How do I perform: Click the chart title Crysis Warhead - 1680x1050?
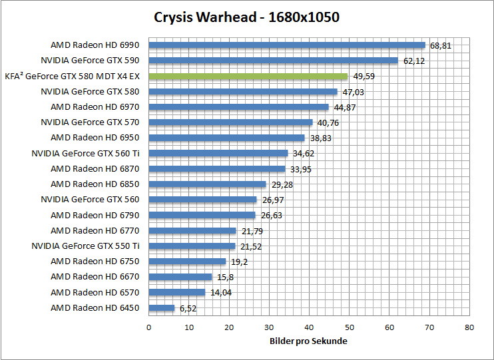tap(246, 17)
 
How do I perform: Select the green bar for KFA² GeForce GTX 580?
tap(248, 77)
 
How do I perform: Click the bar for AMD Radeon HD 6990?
tap(286, 45)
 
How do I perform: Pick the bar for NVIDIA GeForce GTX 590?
tap(273, 61)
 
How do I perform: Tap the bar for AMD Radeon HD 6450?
tap(161, 308)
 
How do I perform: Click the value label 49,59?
tap(364, 77)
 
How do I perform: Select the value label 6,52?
tap(188, 308)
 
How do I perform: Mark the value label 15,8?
tap(224, 277)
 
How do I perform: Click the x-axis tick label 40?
tap(309, 327)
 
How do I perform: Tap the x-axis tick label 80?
tap(469, 327)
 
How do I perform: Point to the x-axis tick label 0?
tap(148, 327)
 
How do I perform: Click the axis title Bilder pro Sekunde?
tap(308, 341)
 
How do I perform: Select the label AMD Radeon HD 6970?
tap(95, 106)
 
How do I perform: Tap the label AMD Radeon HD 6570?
tap(95, 292)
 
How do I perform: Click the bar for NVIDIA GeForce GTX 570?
tap(230, 122)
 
